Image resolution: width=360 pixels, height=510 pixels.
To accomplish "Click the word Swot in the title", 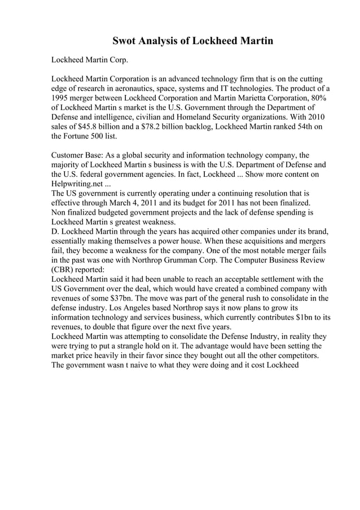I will [125, 41].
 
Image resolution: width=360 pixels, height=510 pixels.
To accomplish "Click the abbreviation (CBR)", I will [63, 269].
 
